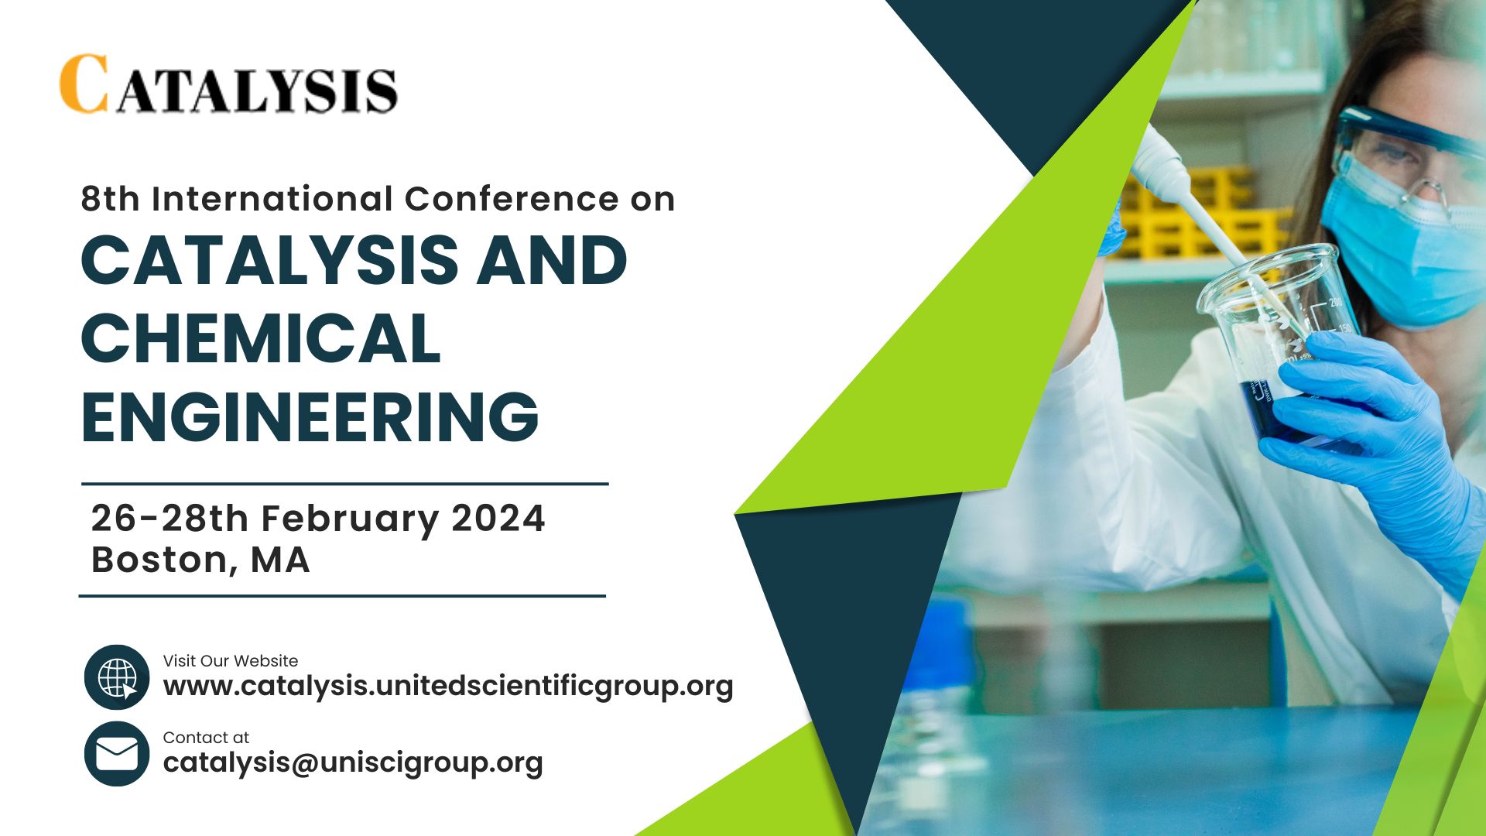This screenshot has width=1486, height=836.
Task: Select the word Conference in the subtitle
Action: (x=512, y=199)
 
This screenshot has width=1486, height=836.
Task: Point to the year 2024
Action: (x=498, y=518)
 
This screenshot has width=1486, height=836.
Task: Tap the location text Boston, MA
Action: (x=200, y=560)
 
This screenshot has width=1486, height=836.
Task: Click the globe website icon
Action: (x=117, y=677)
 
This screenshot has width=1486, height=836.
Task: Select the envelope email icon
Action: (x=117, y=753)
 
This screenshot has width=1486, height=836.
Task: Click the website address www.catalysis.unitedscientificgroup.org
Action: (x=448, y=686)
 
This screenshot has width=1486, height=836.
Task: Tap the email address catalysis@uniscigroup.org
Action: (x=353, y=762)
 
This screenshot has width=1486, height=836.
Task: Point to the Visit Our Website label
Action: (x=231, y=661)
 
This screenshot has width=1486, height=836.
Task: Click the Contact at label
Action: (x=206, y=738)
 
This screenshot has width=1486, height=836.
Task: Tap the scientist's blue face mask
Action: (x=1401, y=248)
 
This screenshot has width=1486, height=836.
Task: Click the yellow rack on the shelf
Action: (x=1200, y=213)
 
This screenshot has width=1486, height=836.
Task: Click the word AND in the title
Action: (x=552, y=259)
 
